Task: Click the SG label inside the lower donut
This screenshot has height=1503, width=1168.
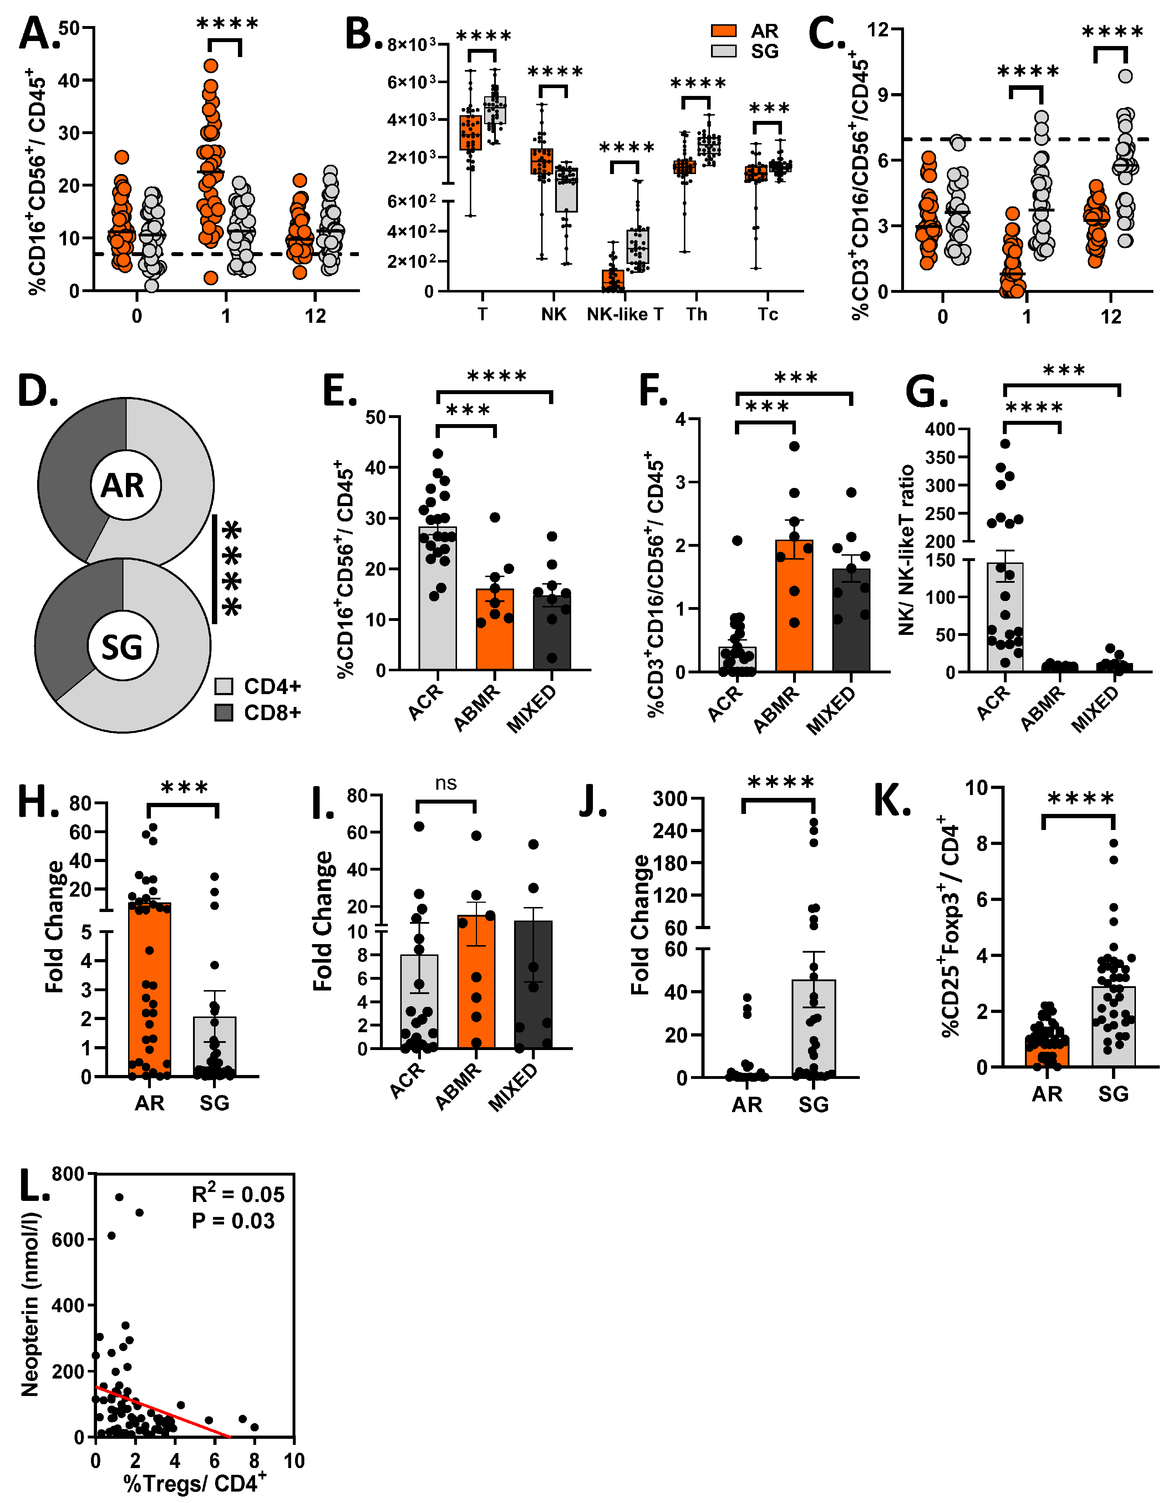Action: [122, 647]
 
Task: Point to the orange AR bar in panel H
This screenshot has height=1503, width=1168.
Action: [149, 991]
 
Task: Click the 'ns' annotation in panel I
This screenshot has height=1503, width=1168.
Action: [446, 783]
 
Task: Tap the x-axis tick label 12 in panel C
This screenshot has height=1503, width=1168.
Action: [1111, 317]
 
